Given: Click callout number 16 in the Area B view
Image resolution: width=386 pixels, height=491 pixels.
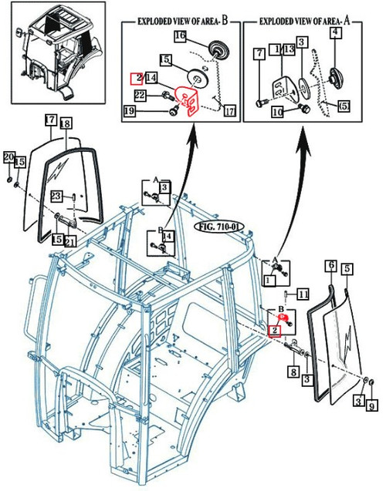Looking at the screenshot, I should [179, 36].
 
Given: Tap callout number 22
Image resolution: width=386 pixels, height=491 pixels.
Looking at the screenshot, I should [140, 95].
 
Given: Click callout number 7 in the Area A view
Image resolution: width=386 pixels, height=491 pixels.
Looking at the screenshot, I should [259, 53].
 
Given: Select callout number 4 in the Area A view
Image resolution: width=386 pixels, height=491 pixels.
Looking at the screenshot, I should [335, 32].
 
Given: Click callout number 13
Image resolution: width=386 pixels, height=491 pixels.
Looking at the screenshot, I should [289, 49].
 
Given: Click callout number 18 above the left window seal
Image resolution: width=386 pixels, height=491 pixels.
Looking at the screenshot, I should [66, 123].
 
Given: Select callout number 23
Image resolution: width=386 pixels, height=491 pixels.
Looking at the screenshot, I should [56, 197].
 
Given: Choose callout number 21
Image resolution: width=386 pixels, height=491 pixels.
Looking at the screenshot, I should [70, 240].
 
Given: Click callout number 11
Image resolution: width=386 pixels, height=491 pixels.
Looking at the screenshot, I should [303, 294].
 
